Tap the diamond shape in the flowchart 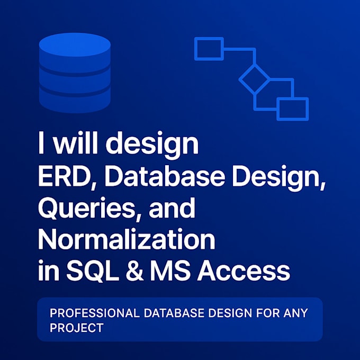(x=255, y=80)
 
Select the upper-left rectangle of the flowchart (x=209, y=49)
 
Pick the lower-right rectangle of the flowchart (x=292, y=109)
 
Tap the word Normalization (x=127, y=240)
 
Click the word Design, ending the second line (x=281, y=178)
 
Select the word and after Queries (x=173, y=210)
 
